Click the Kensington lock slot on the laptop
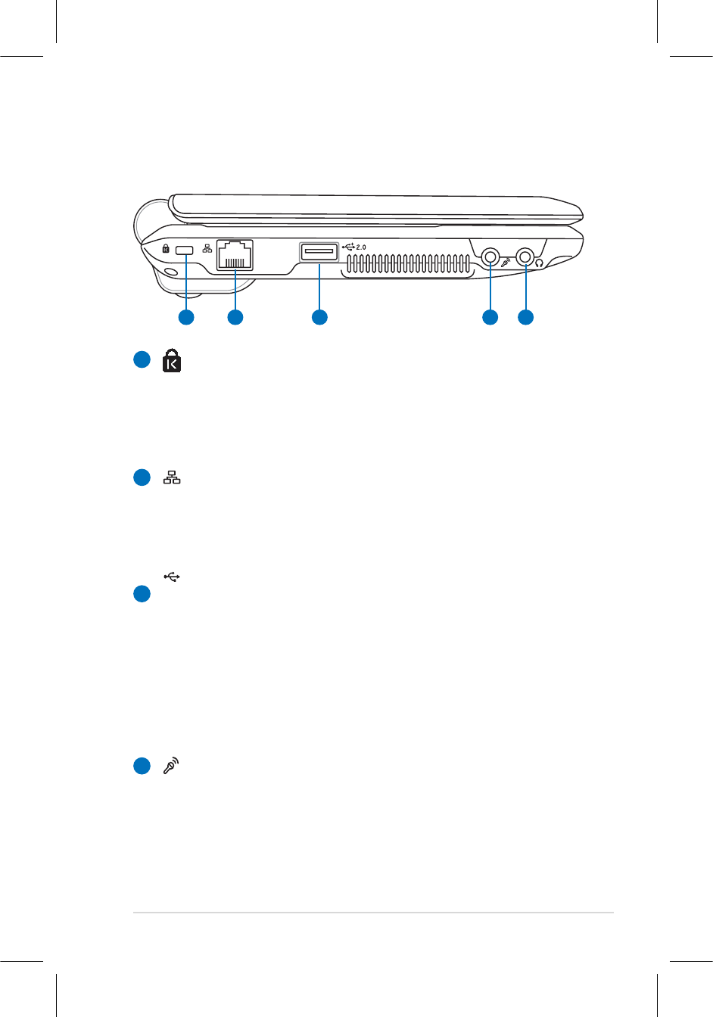[185, 250]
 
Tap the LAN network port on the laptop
[235, 255]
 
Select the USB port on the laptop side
[319, 251]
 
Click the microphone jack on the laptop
[490, 257]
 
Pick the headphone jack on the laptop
[525, 257]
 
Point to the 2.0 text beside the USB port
[361, 247]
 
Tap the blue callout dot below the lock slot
[186, 317]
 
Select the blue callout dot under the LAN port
[235, 317]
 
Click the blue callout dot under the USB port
[319, 317]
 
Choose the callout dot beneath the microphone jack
[490, 317]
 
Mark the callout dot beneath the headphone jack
[525, 317]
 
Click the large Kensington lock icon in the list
[172, 361]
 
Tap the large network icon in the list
[172, 477]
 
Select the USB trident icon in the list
[172, 577]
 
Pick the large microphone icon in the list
[172, 766]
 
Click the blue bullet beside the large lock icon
[142, 360]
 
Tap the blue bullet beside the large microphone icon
[142, 767]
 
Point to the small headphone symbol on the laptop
[540, 263]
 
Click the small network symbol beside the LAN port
[207, 249]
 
